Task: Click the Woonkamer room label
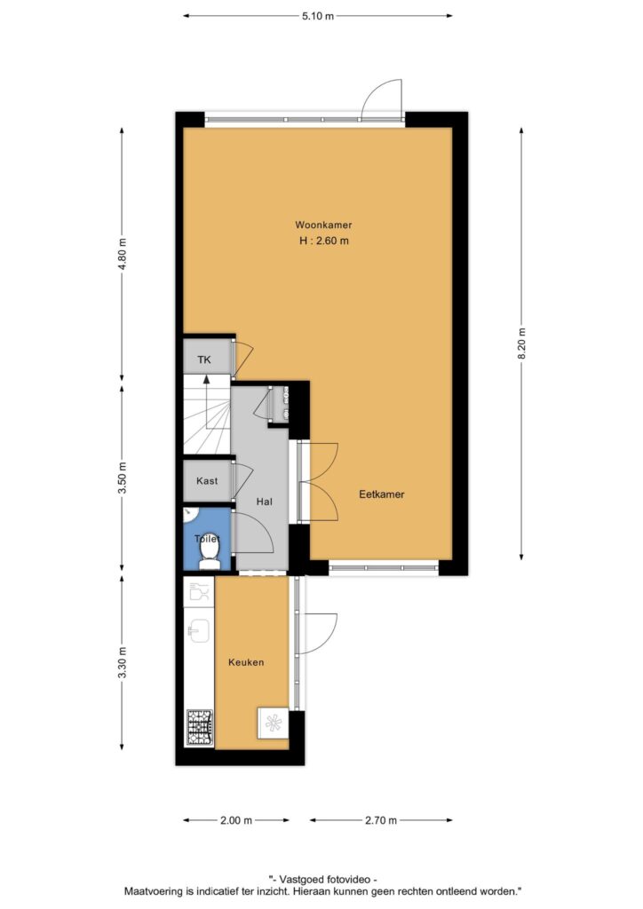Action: pos(323,225)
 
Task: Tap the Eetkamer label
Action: pos(382,494)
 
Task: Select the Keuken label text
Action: pos(246,662)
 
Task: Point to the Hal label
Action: pos(265,502)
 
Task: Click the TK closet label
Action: pos(204,360)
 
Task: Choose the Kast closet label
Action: pos(207,480)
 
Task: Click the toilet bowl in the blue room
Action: pos(207,554)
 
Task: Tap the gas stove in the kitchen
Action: pos(200,728)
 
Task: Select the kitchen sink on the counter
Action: pos(199,631)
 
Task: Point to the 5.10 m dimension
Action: pos(318,16)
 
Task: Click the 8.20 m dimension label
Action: pos(522,344)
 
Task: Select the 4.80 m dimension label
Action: pos(122,255)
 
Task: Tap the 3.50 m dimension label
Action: pos(122,478)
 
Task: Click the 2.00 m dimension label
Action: pos(236,820)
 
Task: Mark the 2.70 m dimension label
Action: pos(381,820)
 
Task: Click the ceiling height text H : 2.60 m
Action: pos(324,241)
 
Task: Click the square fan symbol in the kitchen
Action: pos(273,723)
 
